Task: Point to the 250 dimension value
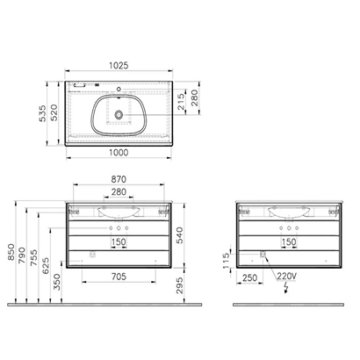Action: [249, 278]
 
